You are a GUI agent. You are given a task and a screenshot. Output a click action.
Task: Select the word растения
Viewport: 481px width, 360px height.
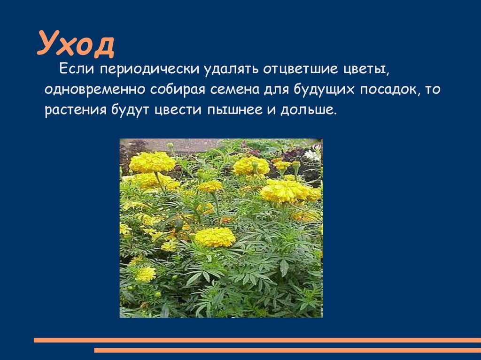pyautogui.click(x=75, y=111)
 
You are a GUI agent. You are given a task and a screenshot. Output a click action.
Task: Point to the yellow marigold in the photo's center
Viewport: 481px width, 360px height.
pyautogui.click(x=215, y=237)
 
